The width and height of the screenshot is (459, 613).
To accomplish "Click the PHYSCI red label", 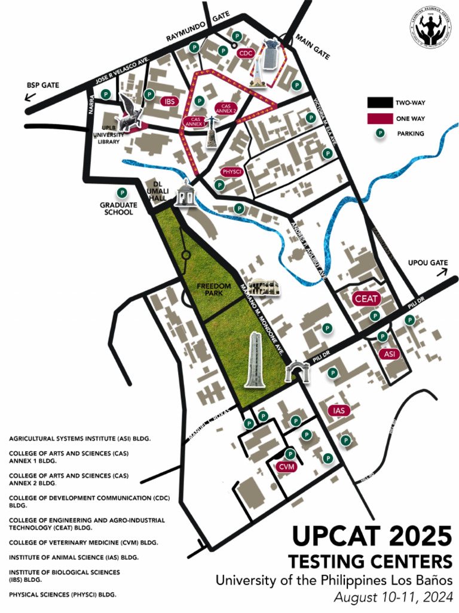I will [231, 172].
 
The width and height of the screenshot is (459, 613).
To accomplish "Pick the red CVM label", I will [287, 467].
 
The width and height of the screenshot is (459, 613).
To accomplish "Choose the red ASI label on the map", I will [390, 354].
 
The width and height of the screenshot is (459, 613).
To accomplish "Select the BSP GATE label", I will [42, 85].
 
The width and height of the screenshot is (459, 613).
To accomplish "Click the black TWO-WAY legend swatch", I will [378, 103].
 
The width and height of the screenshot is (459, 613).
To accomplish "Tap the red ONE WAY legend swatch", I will [378, 119].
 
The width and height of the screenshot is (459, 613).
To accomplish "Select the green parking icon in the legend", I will [378, 133].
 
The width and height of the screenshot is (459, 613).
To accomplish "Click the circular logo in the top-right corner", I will [430, 29].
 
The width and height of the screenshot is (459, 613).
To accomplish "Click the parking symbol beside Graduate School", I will [122, 193].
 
